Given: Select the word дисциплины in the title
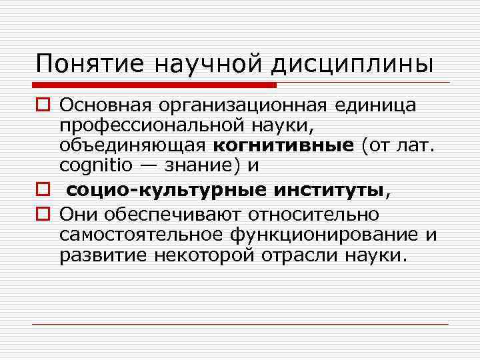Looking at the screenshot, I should (x=352, y=64).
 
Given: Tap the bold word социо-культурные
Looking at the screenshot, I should (x=167, y=191).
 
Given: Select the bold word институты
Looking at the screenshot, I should (x=329, y=191).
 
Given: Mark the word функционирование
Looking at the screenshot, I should (x=325, y=235).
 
